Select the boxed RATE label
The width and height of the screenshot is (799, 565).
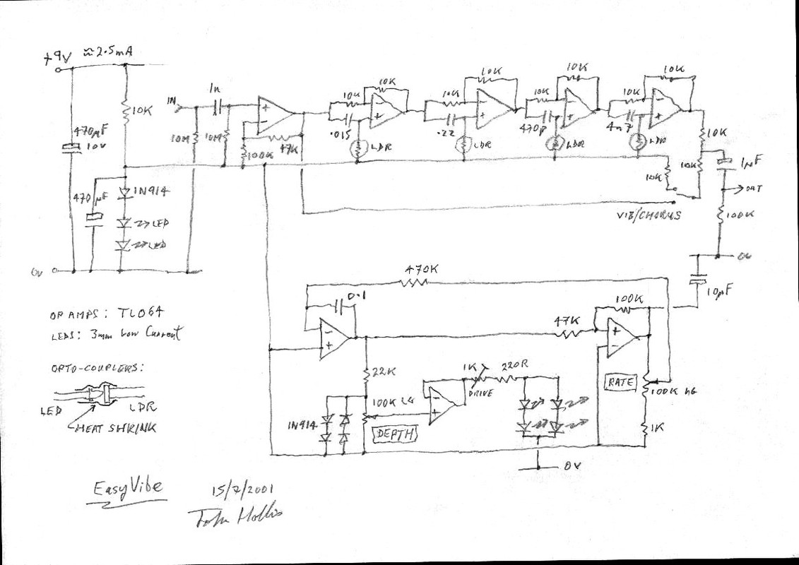pyautogui.click(x=622, y=382)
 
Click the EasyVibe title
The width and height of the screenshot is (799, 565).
pyautogui.click(x=128, y=487)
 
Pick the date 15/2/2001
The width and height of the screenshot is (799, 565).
pyautogui.click(x=242, y=489)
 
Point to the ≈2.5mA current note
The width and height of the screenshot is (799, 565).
pyautogui.click(x=109, y=52)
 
